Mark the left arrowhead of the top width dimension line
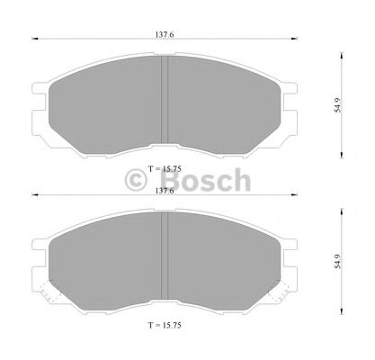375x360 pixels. click(x=36, y=39)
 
